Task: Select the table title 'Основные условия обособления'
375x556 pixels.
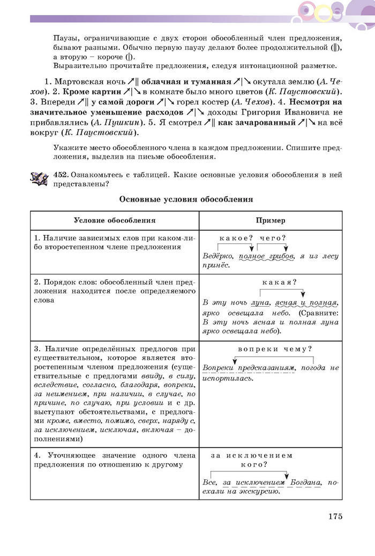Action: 186,199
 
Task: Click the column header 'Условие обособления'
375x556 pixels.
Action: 115,220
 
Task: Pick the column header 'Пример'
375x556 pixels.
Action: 271,220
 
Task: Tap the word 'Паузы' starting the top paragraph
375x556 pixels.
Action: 65,39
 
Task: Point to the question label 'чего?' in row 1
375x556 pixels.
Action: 273,238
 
